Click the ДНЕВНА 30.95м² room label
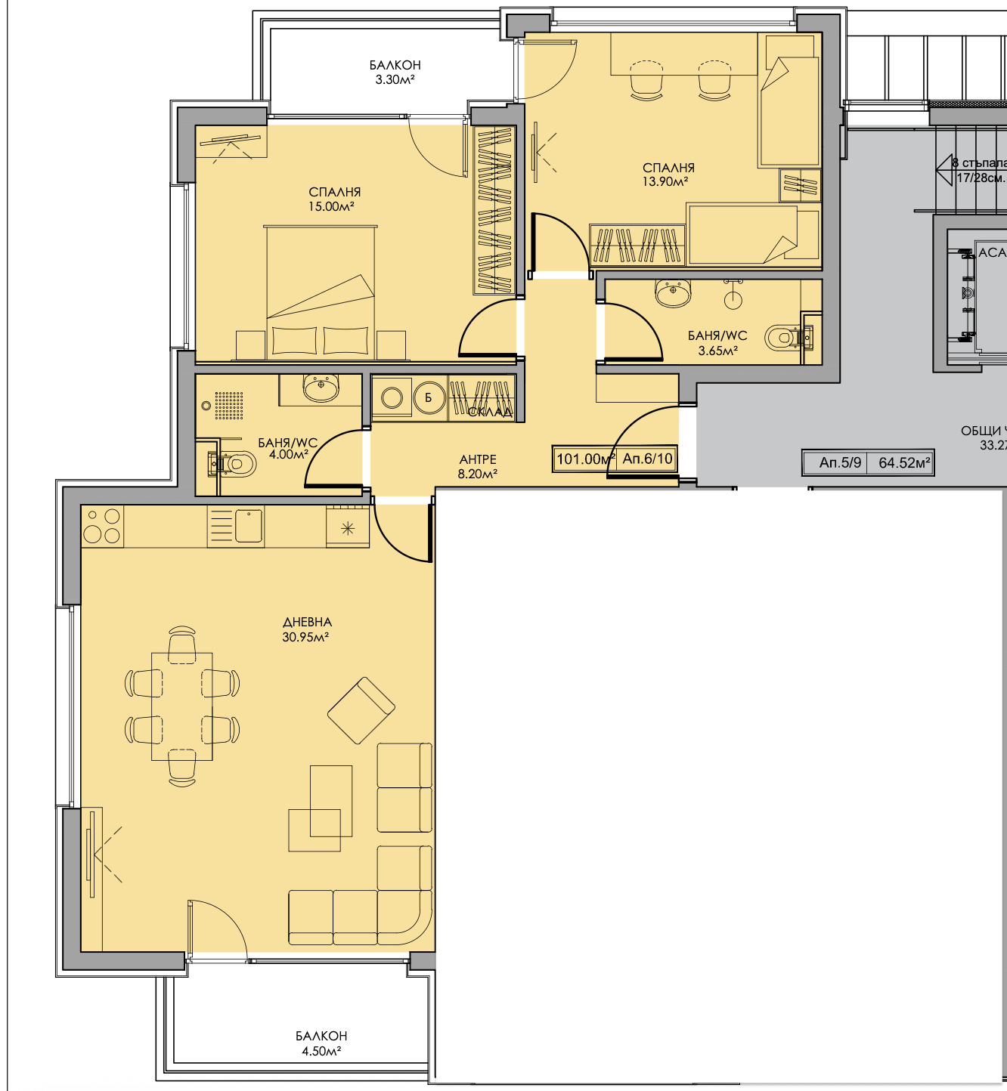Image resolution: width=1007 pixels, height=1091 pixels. (306, 629)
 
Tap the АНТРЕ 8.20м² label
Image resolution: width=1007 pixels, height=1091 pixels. (478, 466)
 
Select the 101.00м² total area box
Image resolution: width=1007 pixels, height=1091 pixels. (584, 459)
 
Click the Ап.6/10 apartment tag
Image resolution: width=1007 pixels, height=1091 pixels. (647, 459)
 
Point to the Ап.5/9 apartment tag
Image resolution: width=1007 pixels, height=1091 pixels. (840, 462)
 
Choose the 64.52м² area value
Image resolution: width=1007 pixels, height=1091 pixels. (904, 462)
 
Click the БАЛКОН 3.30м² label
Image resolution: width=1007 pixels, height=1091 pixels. (395, 72)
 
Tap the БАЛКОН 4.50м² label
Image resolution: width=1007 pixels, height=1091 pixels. (321, 1043)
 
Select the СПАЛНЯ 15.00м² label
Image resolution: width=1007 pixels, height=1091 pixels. (334, 199)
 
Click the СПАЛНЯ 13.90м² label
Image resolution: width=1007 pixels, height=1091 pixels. (668, 175)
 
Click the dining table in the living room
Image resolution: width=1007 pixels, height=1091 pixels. (182, 706)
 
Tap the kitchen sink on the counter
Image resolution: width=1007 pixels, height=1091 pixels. (248, 525)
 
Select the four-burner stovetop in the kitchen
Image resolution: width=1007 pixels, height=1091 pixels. (102, 526)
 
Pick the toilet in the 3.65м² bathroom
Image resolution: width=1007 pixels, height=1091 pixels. (784, 338)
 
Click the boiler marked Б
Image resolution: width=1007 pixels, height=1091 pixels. (429, 397)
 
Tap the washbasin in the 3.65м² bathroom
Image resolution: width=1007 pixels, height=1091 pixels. (673, 292)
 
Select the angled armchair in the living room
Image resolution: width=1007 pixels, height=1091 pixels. (361, 710)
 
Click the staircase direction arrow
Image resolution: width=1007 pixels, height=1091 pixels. (945, 170)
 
